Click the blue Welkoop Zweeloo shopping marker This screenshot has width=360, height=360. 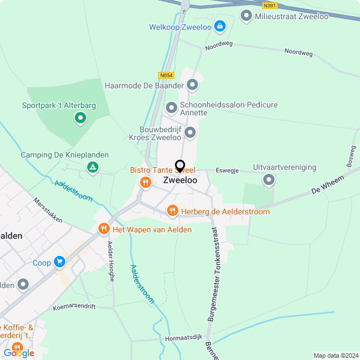coord(219,26)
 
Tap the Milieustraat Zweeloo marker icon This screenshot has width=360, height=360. coord(246,16)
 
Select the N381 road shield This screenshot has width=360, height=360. coord(270,4)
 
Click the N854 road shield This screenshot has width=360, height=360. coord(166,75)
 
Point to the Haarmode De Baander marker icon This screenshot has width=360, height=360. coord(192,85)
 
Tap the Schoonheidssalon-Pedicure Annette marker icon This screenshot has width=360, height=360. coord(172,107)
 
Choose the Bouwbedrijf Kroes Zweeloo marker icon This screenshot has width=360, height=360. coord(190,133)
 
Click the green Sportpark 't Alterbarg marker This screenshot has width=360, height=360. coord(80,118)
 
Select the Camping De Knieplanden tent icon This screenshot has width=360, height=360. coord(92,167)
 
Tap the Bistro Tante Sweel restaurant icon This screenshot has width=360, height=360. coord(145,182)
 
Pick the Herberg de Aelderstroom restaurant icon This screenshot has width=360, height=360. coord(173,211)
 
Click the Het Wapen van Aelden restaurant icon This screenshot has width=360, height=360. coord(103,229)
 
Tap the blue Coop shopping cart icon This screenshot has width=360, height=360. coord(60,262)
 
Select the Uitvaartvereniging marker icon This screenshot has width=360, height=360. coord(269,180)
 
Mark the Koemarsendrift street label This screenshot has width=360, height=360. coord(74,307)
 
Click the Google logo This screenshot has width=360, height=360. coord(19,353)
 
